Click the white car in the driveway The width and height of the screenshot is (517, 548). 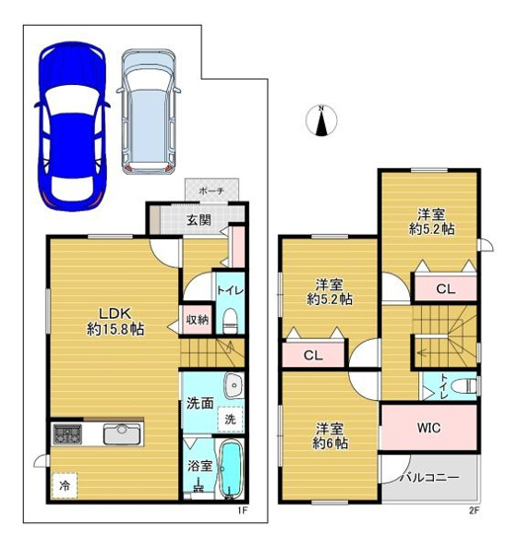coord(149,111)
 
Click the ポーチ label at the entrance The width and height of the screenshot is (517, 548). coord(212,190)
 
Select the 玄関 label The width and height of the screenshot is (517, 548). coord(199,219)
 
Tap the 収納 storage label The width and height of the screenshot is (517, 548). coord(196,319)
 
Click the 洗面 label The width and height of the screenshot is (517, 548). coord(201,402)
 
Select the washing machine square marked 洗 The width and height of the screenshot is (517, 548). coord(229,419)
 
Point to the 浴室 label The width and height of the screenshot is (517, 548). coord(199,464)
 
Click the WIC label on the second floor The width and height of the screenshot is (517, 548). coord(427,428)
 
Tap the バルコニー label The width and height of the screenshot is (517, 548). coord(429,477)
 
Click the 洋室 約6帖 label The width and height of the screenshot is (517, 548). coord(330,436)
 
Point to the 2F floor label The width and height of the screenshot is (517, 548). coord(473,510)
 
